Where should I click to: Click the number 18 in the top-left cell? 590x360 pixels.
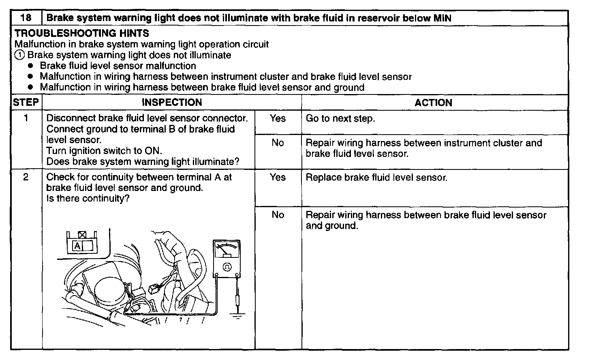point(26,18)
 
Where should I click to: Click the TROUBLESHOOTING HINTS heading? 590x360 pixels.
point(82,33)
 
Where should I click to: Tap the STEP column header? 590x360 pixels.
point(26,103)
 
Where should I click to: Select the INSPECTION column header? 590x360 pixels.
point(172,103)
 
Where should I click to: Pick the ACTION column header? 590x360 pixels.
point(433,103)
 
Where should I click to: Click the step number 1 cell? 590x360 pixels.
point(26,119)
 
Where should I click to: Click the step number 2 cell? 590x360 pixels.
point(26,178)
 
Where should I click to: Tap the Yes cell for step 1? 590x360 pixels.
point(278,119)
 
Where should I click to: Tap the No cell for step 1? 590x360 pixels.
point(278,143)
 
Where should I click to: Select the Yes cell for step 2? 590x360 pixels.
point(278,178)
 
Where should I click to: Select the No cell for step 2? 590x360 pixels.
point(278,215)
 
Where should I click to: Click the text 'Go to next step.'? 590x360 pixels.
point(340,119)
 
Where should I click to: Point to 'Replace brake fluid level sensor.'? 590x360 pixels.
point(376,178)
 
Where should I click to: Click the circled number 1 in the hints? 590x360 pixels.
point(19,55)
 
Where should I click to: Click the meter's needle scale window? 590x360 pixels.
point(227,250)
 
